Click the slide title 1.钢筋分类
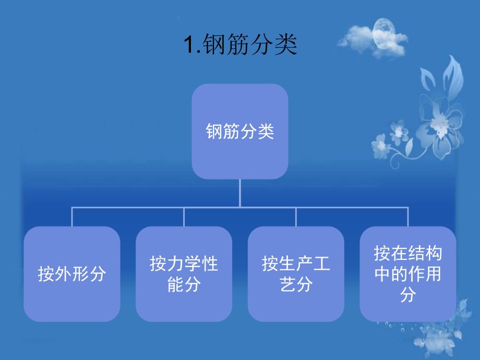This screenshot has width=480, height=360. click(x=240, y=46)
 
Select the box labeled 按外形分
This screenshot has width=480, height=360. click(x=72, y=274)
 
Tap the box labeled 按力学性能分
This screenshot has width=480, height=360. click(x=184, y=274)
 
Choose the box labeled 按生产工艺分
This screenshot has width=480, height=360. click(x=296, y=274)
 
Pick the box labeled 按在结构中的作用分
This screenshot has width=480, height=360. click(x=407, y=274)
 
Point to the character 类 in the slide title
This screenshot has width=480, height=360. click(x=286, y=46)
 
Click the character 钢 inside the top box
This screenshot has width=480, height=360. click(x=214, y=131)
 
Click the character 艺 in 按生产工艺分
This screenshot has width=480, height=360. click(x=287, y=285)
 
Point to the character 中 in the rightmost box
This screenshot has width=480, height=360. click(x=382, y=274)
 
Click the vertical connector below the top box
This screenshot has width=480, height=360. click(x=240, y=193)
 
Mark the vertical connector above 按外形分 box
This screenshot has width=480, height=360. click(x=72, y=217)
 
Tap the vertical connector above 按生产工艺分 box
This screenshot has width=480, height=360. click(x=296, y=217)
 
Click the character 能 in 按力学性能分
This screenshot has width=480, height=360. click(x=175, y=285)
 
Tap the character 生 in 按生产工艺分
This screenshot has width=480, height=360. click(x=287, y=264)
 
